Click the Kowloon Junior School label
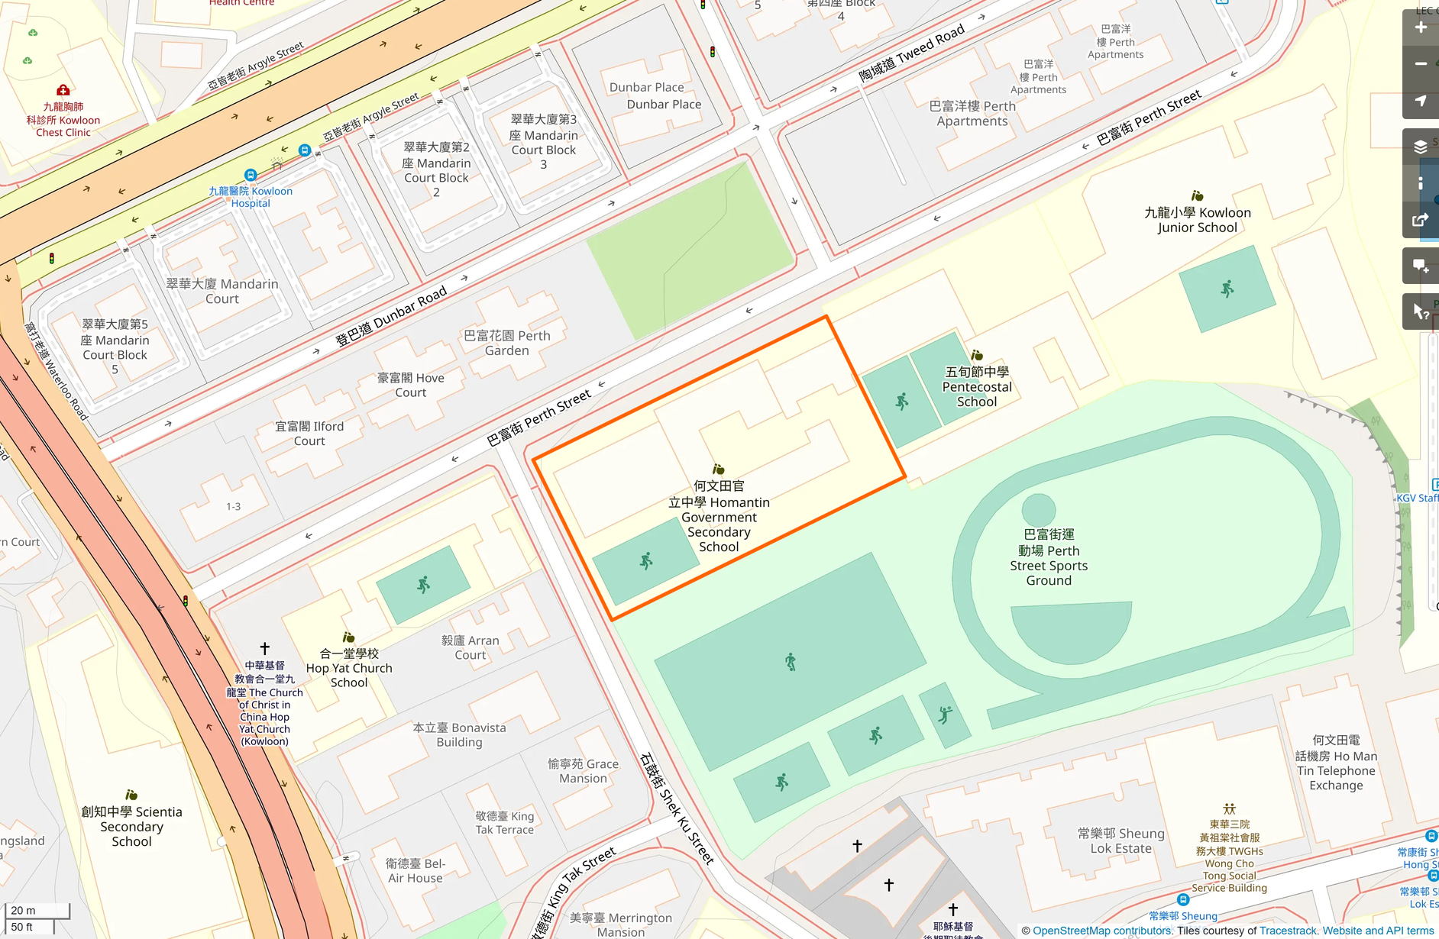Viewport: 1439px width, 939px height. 1197,220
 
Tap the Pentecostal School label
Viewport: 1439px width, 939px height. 977,386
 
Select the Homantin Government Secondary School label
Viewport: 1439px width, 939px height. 719,516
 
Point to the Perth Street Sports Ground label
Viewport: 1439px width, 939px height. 1049,557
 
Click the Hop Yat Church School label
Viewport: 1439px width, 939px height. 349,667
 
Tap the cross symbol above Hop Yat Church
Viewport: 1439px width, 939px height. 265,648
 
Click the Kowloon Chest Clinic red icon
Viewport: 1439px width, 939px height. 63,90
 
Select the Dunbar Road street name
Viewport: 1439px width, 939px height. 391,317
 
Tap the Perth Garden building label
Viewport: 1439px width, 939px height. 507,343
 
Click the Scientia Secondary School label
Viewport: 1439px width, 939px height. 131,826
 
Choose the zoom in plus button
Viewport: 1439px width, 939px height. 1421,27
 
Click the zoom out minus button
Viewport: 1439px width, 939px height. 1421,63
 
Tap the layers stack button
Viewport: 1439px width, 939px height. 1421,147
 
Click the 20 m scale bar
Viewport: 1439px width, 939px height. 37,910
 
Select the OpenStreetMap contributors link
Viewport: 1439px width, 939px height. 1102,931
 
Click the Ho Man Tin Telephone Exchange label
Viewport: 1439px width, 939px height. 1336,763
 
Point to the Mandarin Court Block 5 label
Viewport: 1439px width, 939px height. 115,347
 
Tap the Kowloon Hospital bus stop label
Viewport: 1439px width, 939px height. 251,196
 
